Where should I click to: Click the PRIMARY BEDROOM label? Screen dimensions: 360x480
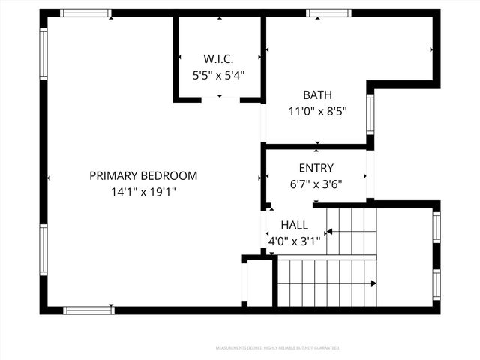pyautogui.click(x=143, y=175)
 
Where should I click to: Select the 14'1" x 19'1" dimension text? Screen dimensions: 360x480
pyautogui.click(x=143, y=191)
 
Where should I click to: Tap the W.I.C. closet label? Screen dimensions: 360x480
pyautogui.click(x=219, y=58)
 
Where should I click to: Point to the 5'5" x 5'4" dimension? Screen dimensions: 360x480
pyautogui.click(x=219, y=75)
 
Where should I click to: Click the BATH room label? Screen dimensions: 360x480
pyautogui.click(x=317, y=95)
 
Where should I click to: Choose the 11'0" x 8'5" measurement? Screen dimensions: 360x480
pyautogui.click(x=317, y=112)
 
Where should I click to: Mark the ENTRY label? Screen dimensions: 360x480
pyautogui.click(x=316, y=168)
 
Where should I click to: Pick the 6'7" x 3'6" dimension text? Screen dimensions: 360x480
pyautogui.click(x=316, y=184)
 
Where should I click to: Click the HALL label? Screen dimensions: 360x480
pyautogui.click(x=294, y=225)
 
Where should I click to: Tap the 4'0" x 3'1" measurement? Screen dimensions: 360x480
pyautogui.click(x=294, y=241)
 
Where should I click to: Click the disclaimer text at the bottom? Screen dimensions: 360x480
pyautogui.click(x=277, y=348)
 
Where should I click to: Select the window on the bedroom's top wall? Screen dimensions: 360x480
pyautogui.click(x=85, y=13)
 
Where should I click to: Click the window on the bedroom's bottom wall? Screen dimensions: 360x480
pyautogui.click(x=88, y=310)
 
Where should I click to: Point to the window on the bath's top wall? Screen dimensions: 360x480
pyautogui.click(x=328, y=13)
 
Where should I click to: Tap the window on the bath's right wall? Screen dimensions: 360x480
pyautogui.click(x=370, y=112)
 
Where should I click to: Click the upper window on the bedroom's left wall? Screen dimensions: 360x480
pyautogui.click(x=43, y=53)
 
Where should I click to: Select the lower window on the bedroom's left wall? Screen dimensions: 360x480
pyautogui.click(x=43, y=250)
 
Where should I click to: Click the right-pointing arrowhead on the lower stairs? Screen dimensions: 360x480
pyautogui.click(x=373, y=283)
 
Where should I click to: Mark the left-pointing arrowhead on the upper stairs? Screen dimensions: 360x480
pyautogui.click(x=328, y=232)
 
